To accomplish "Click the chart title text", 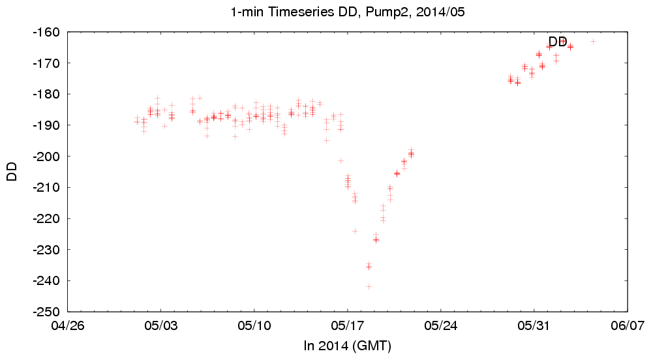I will (347, 11).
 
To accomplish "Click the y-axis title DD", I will (12, 172).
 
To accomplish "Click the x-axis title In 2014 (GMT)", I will (347, 346).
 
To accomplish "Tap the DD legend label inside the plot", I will (557, 42).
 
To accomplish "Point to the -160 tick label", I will (48, 32).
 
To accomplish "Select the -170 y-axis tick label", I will (48, 63).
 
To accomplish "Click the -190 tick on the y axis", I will (48, 125).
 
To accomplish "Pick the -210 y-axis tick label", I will (48, 187).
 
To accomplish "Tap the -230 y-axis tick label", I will (48, 250).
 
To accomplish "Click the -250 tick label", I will (48, 312).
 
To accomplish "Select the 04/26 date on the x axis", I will (68, 325).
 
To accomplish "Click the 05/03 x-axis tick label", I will (161, 325).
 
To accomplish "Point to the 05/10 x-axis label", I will (254, 325).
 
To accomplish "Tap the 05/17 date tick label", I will (348, 325).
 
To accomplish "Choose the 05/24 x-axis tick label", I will (441, 325).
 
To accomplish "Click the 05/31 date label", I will (534, 325).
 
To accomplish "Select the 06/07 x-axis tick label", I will (628, 325).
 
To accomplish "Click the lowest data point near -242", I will (369, 287).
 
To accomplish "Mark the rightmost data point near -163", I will (593, 41).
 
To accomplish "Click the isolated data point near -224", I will (355, 231).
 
